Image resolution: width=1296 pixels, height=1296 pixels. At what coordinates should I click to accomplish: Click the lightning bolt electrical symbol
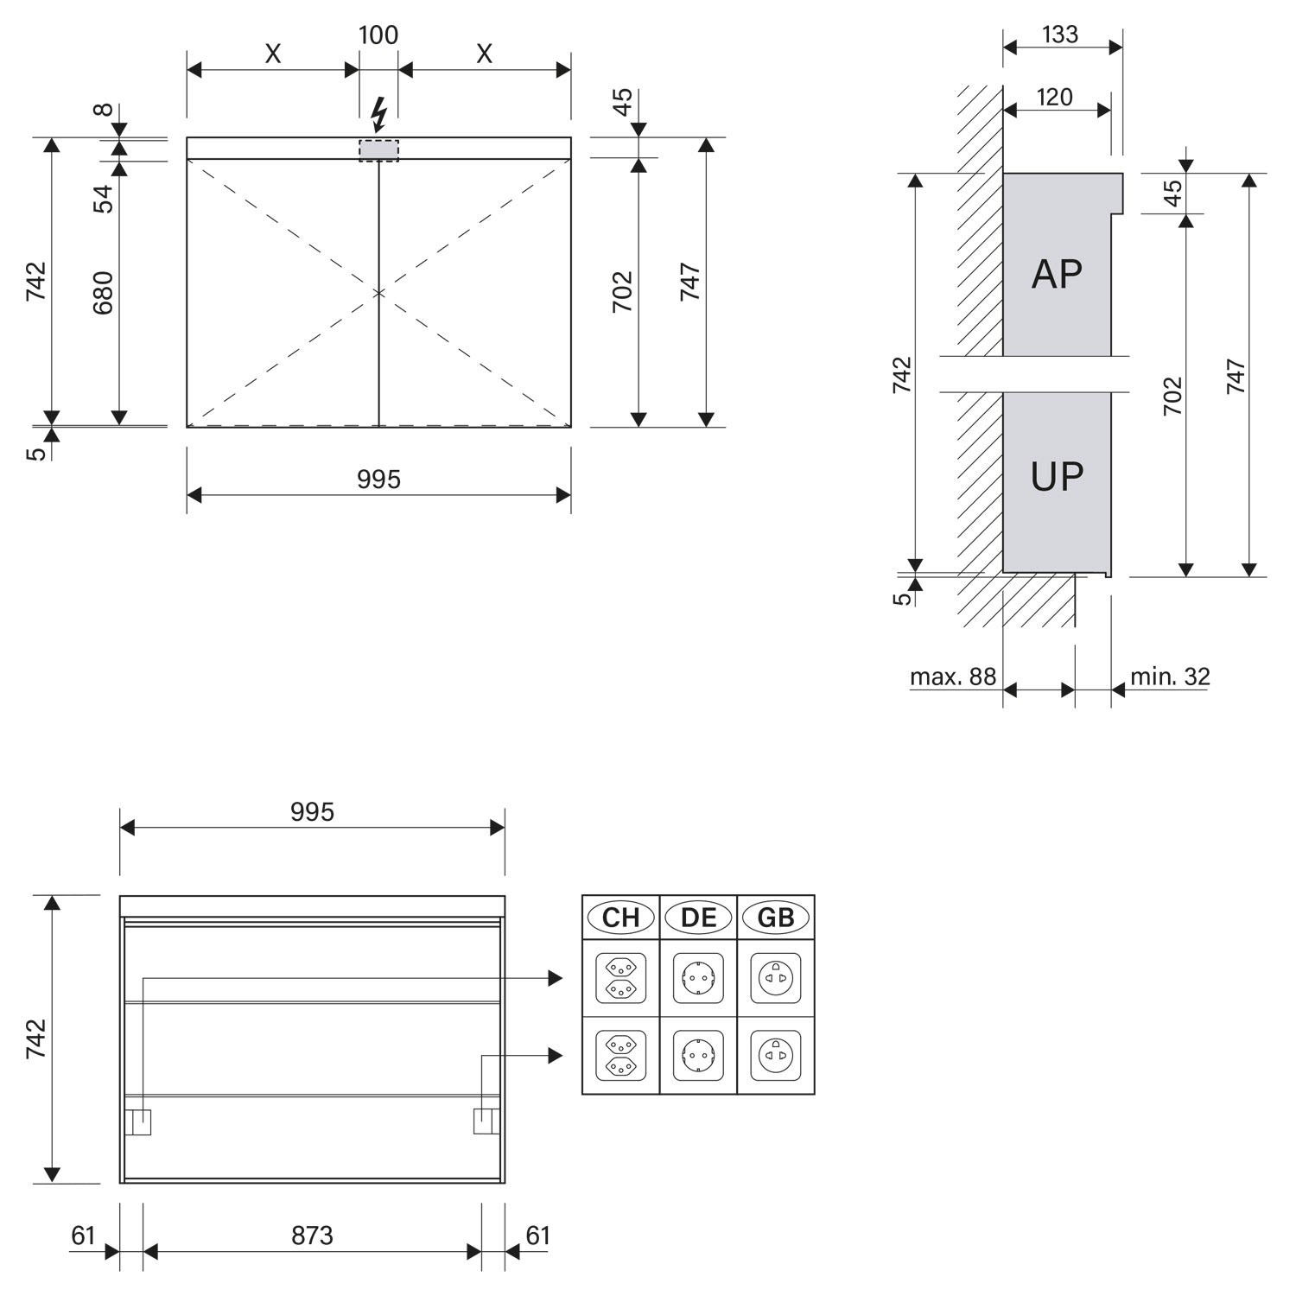378,115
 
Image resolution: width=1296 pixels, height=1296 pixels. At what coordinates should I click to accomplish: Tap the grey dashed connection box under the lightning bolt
379,150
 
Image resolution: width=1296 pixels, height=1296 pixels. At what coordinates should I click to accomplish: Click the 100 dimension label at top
378,35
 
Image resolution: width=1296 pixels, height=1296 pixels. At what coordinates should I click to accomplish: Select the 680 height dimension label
103,293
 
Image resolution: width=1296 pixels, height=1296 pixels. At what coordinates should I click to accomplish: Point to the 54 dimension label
103,199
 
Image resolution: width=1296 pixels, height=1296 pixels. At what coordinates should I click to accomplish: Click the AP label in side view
1057,274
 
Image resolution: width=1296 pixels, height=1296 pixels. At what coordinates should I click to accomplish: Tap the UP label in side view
1057,476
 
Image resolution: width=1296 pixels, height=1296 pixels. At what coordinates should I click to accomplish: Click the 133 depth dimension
1060,35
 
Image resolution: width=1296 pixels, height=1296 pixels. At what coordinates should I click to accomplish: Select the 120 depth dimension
1054,97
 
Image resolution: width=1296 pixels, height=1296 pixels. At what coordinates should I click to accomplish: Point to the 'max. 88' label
953,677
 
